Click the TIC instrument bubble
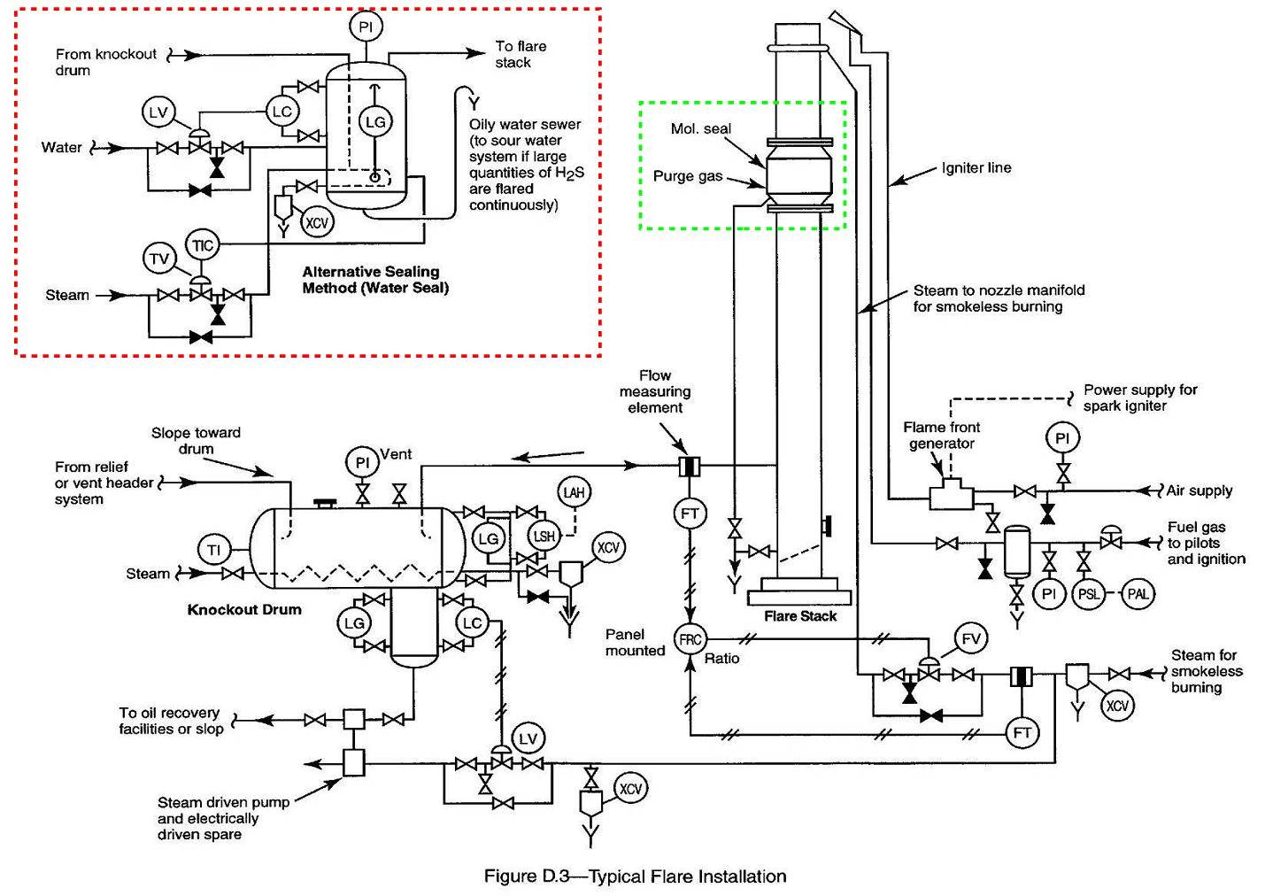[203, 245]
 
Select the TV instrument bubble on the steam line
[159, 259]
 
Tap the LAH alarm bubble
[575, 492]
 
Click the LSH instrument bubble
[544, 536]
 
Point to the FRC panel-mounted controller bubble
[690, 639]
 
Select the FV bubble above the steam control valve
[971, 638]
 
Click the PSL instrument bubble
[1088, 594]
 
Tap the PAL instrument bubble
[1138, 594]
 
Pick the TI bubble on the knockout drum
[213, 550]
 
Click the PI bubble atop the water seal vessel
[366, 27]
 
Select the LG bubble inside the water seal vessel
[375, 122]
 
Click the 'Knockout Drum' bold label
[244, 609]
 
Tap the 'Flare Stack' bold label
[799, 616]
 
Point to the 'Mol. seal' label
[700, 129]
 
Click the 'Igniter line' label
[976, 168]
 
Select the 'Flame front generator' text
[941, 435]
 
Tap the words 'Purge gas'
[687, 176]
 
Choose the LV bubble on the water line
[158, 112]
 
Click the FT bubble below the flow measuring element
[690, 513]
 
